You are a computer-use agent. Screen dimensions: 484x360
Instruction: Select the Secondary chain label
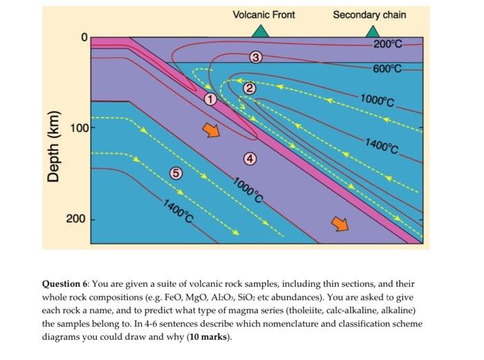pos(369,15)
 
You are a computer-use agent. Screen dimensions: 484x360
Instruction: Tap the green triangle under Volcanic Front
pos(260,31)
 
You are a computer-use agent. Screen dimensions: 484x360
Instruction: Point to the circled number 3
pos(256,57)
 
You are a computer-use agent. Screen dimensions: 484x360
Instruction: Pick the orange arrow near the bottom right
pos(339,222)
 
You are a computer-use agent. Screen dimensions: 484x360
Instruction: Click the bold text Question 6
pos(65,284)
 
